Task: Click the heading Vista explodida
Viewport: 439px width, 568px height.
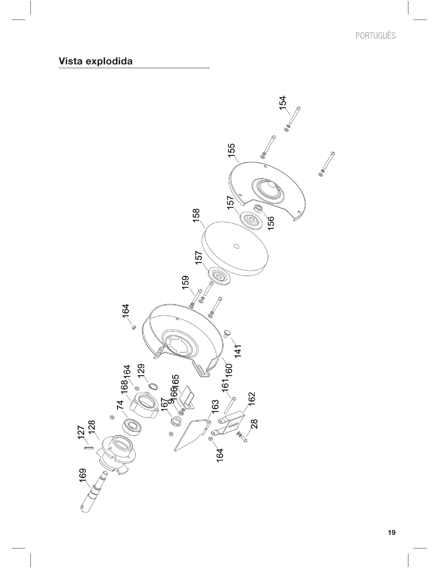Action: pyautogui.click(x=95, y=61)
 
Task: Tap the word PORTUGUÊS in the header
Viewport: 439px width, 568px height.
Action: pyautogui.click(x=375, y=35)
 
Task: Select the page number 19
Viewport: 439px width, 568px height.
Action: pyautogui.click(x=391, y=533)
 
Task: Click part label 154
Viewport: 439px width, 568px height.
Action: pyautogui.click(x=282, y=102)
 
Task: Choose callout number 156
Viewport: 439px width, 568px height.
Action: pyautogui.click(x=271, y=223)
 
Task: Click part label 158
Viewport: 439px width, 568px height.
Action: pyautogui.click(x=196, y=215)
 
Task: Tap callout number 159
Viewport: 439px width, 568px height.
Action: pyautogui.click(x=186, y=282)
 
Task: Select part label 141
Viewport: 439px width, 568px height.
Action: pyautogui.click(x=238, y=350)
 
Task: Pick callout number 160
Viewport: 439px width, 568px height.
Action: pyautogui.click(x=229, y=370)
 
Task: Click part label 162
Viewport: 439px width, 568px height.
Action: pyautogui.click(x=252, y=399)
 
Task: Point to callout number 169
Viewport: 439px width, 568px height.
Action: pyautogui.click(x=83, y=475)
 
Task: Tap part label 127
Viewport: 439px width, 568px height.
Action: pyautogui.click(x=81, y=432)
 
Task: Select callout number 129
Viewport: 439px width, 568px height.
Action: pyautogui.click(x=141, y=371)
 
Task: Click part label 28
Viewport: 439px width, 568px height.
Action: pyautogui.click(x=254, y=424)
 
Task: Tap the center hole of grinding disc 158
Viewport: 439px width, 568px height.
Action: pyautogui.click(x=236, y=246)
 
